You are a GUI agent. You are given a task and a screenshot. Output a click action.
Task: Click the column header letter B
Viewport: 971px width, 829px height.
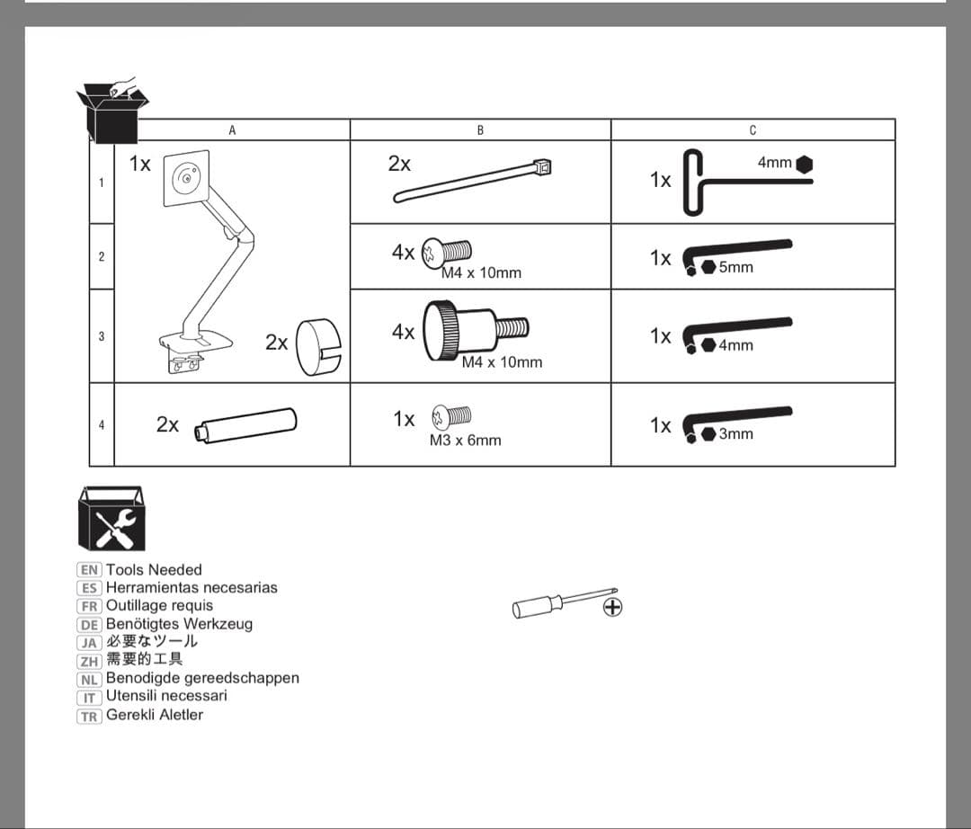click(480, 130)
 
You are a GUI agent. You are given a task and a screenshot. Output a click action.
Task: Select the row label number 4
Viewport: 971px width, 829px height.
click(102, 424)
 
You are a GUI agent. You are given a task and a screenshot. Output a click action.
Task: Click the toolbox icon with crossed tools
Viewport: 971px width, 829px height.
click(111, 519)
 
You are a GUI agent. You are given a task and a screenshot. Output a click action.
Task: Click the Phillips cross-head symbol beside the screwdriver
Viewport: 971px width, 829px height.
click(613, 608)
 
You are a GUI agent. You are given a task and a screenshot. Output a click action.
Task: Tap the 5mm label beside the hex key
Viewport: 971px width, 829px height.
click(735, 267)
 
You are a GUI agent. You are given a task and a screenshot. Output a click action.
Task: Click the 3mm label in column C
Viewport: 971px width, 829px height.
click(735, 433)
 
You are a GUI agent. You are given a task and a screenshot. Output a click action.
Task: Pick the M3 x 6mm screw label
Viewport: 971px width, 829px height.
click(465, 441)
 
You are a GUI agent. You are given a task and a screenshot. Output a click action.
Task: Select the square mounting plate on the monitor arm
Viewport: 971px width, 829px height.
click(186, 176)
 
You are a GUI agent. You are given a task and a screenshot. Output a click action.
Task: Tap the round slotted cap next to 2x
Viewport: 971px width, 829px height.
click(319, 345)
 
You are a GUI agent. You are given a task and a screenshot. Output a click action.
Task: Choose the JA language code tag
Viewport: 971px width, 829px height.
click(89, 642)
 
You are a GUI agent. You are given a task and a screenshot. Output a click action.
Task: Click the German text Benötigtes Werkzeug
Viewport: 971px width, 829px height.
click(179, 623)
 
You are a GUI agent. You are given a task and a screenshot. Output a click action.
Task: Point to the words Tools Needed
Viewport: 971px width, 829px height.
click(154, 569)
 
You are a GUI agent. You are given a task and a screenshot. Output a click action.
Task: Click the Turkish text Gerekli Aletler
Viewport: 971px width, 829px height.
click(155, 715)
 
